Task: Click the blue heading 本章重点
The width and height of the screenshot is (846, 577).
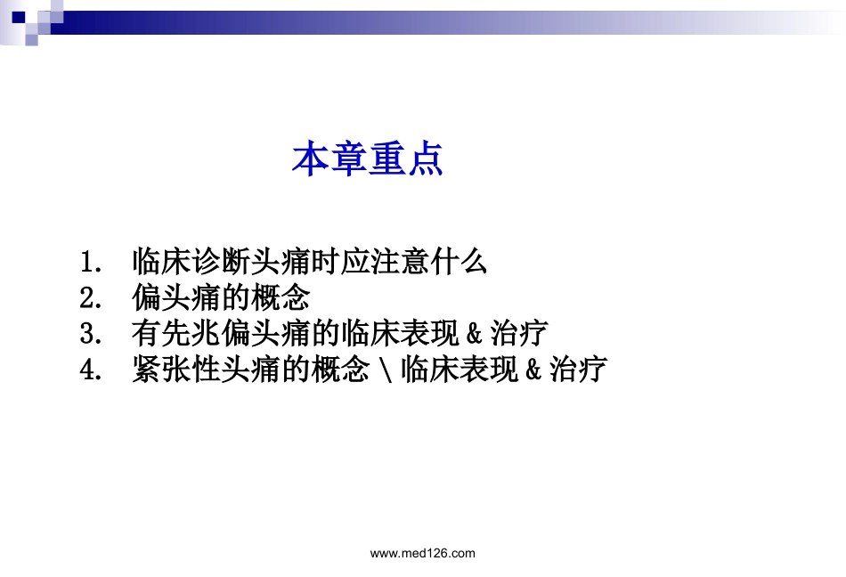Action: (x=368, y=159)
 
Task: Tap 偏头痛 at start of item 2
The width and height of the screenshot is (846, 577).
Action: (x=176, y=297)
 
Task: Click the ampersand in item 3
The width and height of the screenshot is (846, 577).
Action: (x=473, y=334)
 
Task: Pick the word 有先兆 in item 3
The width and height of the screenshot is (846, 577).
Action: (x=176, y=333)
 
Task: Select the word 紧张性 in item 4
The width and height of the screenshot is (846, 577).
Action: (x=176, y=369)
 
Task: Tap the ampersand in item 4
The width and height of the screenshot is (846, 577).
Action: (x=533, y=370)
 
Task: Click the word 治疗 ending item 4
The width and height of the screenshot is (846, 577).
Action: (x=579, y=369)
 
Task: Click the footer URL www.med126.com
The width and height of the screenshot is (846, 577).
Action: (x=422, y=553)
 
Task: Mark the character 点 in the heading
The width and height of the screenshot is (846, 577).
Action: (x=425, y=159)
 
